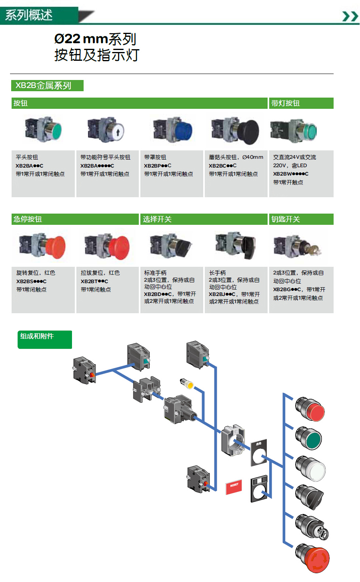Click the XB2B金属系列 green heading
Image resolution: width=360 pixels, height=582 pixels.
pyautogui.click(x=47, y=86)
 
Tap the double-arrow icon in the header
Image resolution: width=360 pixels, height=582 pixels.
pyautogui.click(x=350, y=16)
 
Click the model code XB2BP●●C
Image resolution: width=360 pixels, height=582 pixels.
pyautogui.click(x=158, y=166)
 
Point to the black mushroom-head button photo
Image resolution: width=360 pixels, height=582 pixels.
pyautogui.click(x=247, y=131)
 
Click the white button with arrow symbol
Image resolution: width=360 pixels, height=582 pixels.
pyautogui.click(x=117, y=131)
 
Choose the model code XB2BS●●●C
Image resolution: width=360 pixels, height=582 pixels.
pyautogui.click(x=31, y=281)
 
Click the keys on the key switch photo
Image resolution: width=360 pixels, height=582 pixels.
pyautogui.click(x=312, y=250)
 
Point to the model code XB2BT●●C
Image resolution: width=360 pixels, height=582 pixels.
pyautogui.click(x=94, y=281)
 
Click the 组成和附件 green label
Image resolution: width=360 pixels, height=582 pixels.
pyautogui.click(x=44, y=339)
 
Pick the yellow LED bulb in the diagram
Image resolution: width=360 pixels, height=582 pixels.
pyautogui.click(x=188, y=384)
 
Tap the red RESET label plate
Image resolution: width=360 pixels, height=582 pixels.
pyautogui.click(x=234, y=486)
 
